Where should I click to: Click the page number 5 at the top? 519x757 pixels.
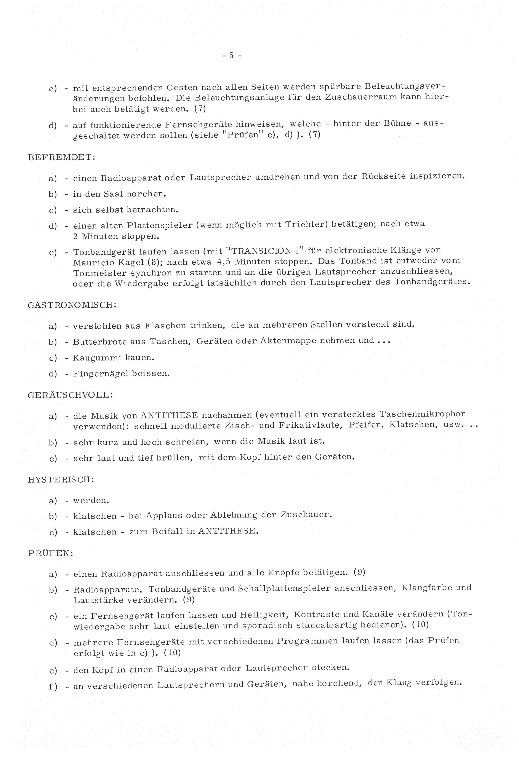(x=231, y=56)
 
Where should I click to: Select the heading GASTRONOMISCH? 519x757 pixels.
(x=72, y=305)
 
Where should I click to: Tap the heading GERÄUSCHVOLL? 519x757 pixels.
(x=70, y=395)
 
